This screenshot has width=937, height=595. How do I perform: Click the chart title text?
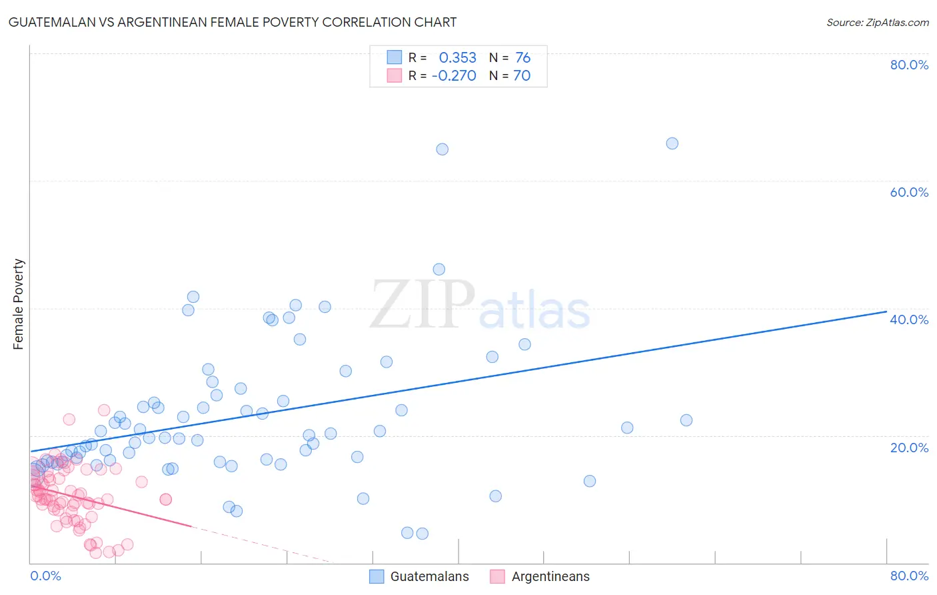point(233,22)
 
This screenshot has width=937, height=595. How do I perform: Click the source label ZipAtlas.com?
point(877,22)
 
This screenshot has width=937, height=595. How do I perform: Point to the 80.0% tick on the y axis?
point(909,65)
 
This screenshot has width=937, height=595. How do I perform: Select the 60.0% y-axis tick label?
point(909,192)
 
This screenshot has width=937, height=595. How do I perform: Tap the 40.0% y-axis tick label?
point(909,320)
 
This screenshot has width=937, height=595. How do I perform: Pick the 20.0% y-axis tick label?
point(909,448)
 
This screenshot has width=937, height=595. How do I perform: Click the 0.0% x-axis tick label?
point(45,576)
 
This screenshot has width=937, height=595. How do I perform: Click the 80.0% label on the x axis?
point(909,576)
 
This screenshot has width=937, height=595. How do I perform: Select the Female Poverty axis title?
point(19,304)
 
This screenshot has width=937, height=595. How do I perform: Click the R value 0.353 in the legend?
point(457,57)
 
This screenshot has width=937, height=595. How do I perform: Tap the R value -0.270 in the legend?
point(454,75)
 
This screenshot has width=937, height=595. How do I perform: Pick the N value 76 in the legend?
point(522,57)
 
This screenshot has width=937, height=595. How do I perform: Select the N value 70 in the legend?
point(522,75)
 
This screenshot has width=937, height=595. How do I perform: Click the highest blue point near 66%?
point(672,143)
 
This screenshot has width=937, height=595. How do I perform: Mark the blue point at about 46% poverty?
point(439,269)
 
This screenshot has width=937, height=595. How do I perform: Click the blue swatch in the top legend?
point(395,57)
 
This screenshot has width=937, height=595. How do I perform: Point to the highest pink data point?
point(104,410)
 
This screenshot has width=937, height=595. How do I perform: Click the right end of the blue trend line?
point(886,312)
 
